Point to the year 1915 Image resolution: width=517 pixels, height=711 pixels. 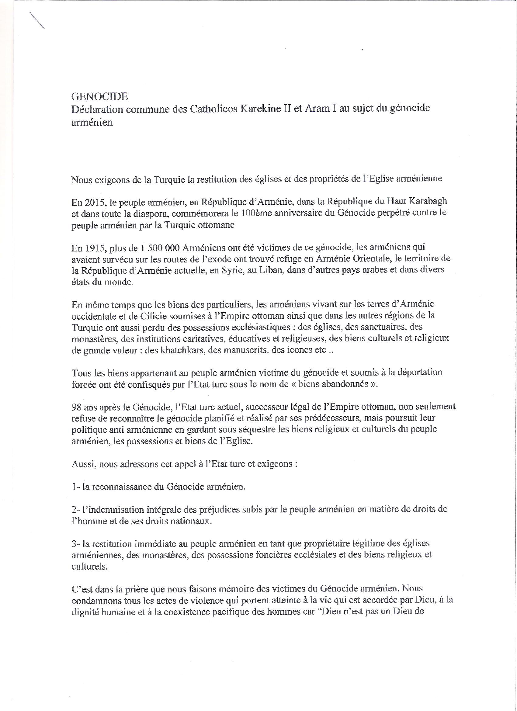tap(89, 248)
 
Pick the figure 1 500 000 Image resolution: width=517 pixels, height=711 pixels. tap(160, 248)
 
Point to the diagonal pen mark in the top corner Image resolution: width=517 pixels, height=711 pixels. tap(37, 21)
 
